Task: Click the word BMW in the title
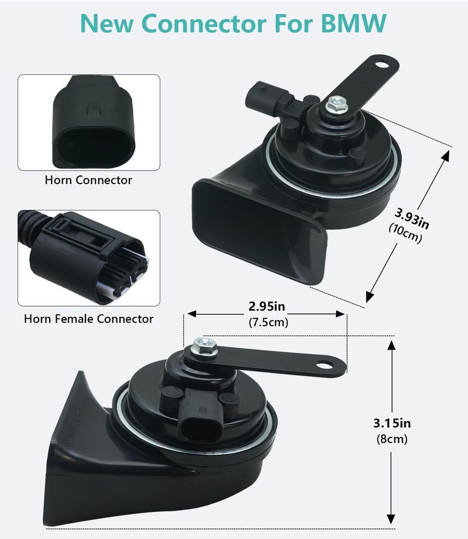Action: pyautogui.click(x=353, y=23)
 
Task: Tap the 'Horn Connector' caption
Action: pyautogui.click(x=88, y=180)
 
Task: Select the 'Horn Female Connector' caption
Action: pyautogui.click(x=88, y=319)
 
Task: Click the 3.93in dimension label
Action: pyautogui.click(x=412, y=218)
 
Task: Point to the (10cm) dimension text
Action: pyautogui.click(x=405, y=234)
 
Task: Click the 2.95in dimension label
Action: pyautogui.click(x=267, y=306)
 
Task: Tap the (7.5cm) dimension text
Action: pyautogui.click(x=268, y=323)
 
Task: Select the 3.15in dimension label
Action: pyautogui.click(x=392, y=423)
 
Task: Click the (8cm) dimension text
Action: pyautogui.click(x=392, y=439)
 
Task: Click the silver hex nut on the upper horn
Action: pyautogui.click(x=336, y=105)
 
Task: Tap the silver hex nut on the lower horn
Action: pyautogui.click(x=205, y=347)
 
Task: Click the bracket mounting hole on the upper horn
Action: pyautogui.click(x=381, y=65)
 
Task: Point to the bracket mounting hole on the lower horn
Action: pyautogui.click(x=324, y=364)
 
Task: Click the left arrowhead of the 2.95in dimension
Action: pyautogui.click(x=191, y=313)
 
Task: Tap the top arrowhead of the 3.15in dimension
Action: pyautogui.click(x=391, y=345)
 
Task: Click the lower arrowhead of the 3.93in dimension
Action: pyautogui.click(x=370, y=296)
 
